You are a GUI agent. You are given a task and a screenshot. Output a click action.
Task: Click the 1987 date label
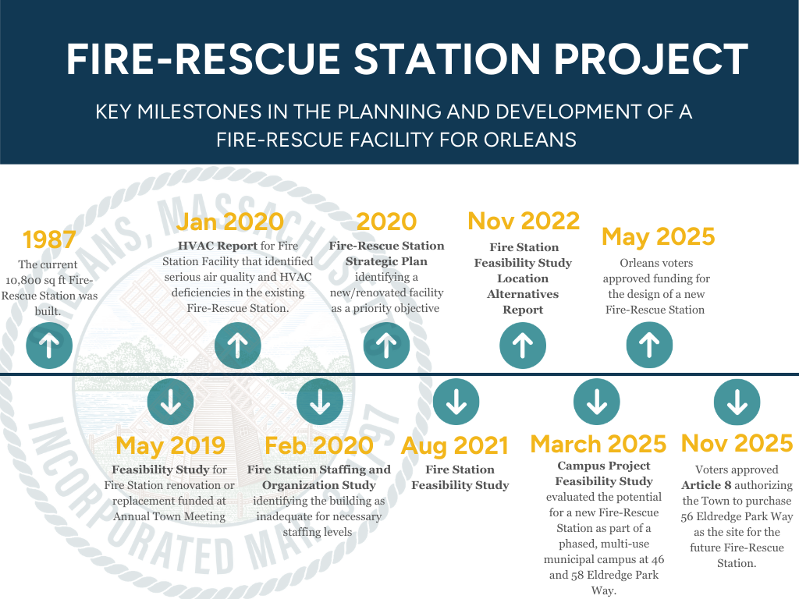(48, 239)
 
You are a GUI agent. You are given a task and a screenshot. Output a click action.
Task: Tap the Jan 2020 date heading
(229, 222)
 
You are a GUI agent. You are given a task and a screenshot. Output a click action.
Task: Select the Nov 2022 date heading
(524, 221)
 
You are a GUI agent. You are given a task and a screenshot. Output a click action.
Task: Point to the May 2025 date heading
(659, 236)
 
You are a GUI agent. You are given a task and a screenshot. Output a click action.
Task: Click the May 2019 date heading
(170, 445)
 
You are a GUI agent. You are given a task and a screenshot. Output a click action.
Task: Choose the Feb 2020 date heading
(318, 445)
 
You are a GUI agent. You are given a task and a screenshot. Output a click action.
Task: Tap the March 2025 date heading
(598, 444)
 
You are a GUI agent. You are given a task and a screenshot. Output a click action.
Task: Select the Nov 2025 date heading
(737, 443)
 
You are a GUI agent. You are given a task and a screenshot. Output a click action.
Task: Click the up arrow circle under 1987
(49, 345)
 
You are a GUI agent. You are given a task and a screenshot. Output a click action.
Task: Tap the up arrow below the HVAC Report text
(237, 345)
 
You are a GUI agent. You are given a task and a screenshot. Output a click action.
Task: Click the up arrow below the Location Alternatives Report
(523, 345)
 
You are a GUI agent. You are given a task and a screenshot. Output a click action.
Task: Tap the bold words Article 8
(706, 485)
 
